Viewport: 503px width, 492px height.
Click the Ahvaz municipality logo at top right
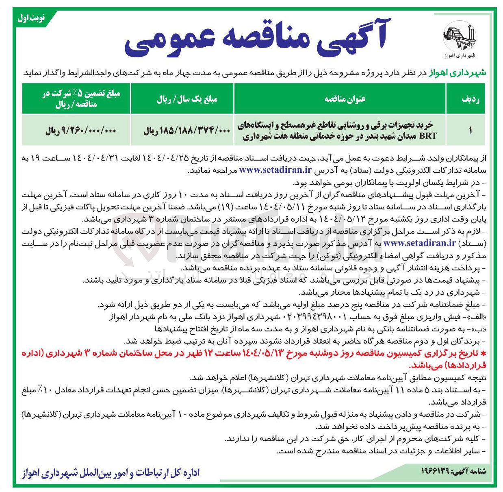point(459,37)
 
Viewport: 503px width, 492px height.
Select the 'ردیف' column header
point(470,99)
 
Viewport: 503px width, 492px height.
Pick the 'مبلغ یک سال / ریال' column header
point(187,99)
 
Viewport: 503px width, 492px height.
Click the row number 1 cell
point(470,131)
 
